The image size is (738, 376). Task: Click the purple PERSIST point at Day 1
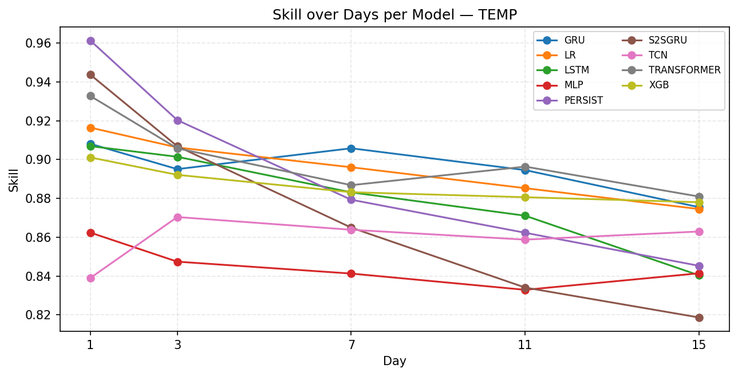(90, 41)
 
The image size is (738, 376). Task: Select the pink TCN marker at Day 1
(90, 278)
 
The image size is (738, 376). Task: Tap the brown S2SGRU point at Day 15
(699, 318)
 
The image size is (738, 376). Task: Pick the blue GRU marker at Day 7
(351, 148)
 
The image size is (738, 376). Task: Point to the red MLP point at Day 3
(177, 262)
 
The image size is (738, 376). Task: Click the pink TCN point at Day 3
(177, 217)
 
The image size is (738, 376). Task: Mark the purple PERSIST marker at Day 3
(177, 120)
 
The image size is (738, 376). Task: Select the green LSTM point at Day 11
(525, 216)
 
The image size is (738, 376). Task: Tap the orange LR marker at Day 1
(90, 128)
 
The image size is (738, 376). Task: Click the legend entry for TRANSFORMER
(684, 70)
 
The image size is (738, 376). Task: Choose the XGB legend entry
(658, 85)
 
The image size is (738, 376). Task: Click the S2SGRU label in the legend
(668, 40)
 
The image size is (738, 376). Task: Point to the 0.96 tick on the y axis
(42, 44)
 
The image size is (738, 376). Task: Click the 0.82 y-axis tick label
(42, 315)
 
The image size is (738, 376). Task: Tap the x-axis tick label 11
(525, 344)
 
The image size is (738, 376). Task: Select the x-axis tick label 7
(351, 344)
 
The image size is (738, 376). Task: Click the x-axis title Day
(394, 361)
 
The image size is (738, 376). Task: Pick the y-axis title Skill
(14, 179)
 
